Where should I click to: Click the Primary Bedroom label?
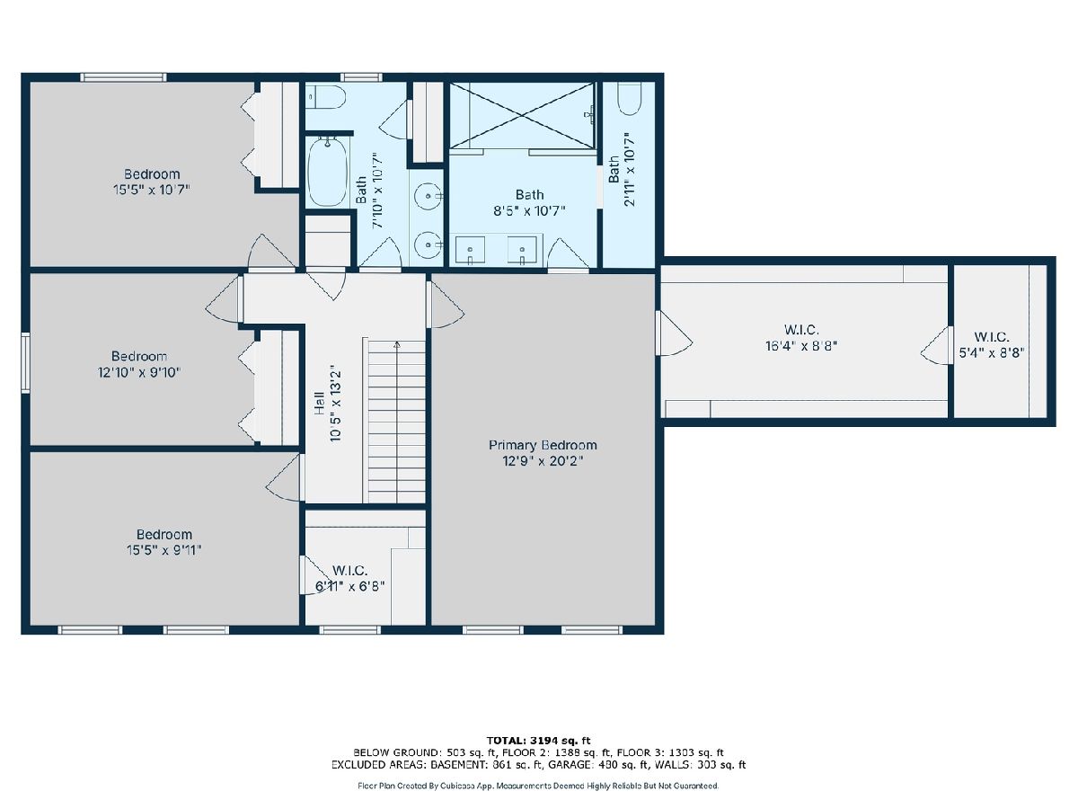click(543, 446)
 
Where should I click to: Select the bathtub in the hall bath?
click(328, 172)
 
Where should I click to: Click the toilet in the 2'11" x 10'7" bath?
click(629, 98)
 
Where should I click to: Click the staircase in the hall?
click(397, 422)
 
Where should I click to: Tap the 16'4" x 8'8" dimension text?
click(801, 346)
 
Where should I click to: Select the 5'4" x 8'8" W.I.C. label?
click(992, 337)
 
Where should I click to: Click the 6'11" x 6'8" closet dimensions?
click(349, 586)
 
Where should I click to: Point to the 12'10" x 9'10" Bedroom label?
click(139, 356)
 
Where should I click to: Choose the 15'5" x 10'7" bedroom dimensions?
click(151, 190)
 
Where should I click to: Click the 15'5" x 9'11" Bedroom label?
click(164, 535)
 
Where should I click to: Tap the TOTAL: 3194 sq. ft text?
click(538, 741)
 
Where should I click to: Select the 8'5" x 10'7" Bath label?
click(529, 195)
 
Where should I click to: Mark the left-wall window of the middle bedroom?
click(25, 362)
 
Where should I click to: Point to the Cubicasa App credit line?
click(538, 786)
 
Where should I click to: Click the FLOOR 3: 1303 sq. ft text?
click(670, 752)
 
